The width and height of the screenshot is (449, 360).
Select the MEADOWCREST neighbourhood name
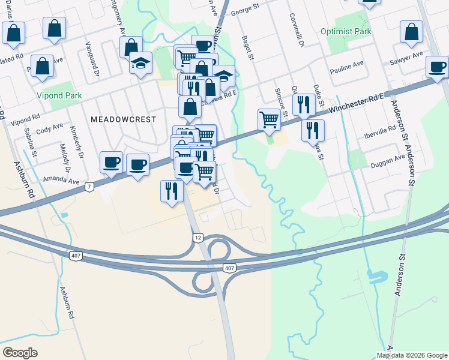point(123,119)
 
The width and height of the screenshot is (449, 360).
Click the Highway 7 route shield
point(89,187)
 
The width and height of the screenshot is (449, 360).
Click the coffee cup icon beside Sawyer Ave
point(438,67)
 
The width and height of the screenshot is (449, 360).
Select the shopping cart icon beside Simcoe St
point(269,119)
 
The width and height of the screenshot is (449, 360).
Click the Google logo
point(20,353)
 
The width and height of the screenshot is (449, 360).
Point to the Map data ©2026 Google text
point(412,355)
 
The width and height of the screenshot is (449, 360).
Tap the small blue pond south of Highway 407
point(375,277)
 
